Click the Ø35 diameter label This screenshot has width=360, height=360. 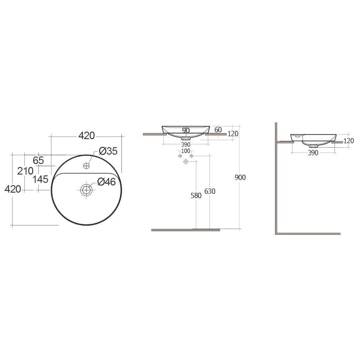coord(108,151)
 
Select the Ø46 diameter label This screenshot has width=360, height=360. coord(106,182)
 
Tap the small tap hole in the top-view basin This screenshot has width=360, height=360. coord(86,165)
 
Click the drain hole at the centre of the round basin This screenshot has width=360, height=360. coord(86,190)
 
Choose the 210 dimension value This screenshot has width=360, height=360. coord(25,171)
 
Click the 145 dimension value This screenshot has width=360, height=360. coord(40,179)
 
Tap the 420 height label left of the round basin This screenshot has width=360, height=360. coord(13,189)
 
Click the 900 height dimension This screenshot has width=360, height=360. coord(240,178)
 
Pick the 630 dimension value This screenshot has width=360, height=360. coord(210,191)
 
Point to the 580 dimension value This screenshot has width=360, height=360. coord(196,195)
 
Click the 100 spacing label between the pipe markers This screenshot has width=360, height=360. coord(186,151)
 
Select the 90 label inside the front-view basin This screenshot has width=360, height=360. coord(186,130)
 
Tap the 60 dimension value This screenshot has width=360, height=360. coord(218,130)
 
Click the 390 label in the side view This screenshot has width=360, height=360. coord(313,153)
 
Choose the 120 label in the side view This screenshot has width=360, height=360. coord(348,141)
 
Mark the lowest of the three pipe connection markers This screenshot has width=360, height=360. coord(186,161)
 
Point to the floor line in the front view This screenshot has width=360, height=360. coord(186,230)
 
